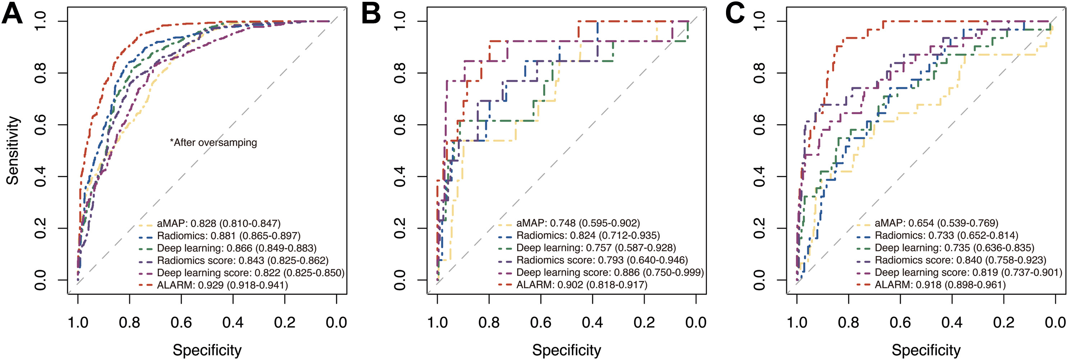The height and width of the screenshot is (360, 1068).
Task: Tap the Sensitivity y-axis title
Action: pos(13,150)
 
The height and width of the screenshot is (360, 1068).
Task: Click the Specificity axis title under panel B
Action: pos(566,350)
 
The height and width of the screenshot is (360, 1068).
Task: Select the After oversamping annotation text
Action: pos(214,143)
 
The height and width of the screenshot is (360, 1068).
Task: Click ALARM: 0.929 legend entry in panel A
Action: pos(222,285)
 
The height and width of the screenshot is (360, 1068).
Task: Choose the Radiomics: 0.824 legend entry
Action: pos(588,236)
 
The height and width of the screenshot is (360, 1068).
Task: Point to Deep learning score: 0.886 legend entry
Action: pos(610,273)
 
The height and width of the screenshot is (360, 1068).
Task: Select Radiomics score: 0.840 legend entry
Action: pos(960,260)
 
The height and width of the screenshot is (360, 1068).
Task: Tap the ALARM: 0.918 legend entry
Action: pos(940,285)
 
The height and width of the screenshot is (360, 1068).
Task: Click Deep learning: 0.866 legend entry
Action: pos(236,248)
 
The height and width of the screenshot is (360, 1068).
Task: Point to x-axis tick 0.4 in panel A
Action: pos(233,322)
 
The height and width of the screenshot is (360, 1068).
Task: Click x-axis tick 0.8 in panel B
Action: pos(489,322)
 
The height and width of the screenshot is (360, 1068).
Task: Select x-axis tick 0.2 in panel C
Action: pos(1003,322)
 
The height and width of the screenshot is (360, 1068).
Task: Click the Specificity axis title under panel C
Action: pos(926,350)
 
